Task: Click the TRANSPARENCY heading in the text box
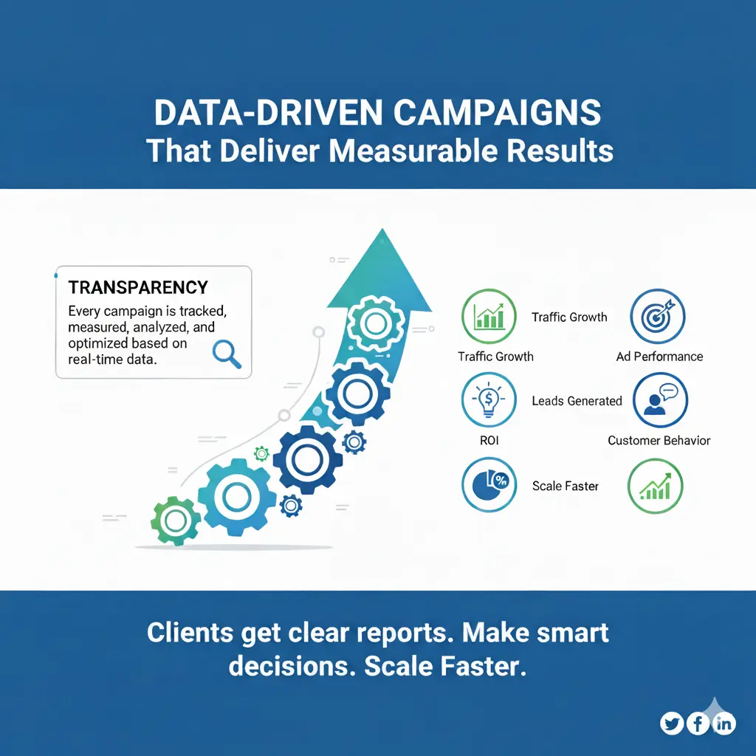pos(138,287)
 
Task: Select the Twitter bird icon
pos(672,724)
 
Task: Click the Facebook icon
pos(698,724)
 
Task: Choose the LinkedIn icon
pos(725,724)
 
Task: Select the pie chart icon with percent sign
pos(489,485)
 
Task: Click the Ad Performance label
pos(659,357)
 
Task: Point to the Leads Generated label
pos(577,401)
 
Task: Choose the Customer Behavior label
pos(659,441)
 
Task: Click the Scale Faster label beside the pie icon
pos(565,486)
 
